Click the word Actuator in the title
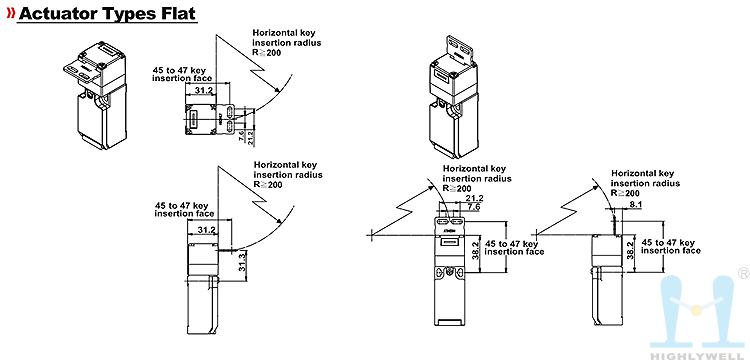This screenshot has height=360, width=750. pyautogui.click(x=57, y=13)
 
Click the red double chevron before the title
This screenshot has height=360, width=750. pyautogui.click(x=11, y=13)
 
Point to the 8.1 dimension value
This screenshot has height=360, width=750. pyautogui.click(x=623, y=204)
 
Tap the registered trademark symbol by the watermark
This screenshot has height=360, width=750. pyautogui.click(x=744, y=273)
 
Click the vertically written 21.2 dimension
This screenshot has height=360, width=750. pyautogui.click(x=252, y=137)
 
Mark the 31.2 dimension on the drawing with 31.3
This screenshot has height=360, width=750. pyautogui.click(x=206, y=230)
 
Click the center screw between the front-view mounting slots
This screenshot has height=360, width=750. pyautogui.click(x=449, y=272)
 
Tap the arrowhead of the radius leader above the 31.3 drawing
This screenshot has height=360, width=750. pyautogui.click(x=278, y=221)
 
